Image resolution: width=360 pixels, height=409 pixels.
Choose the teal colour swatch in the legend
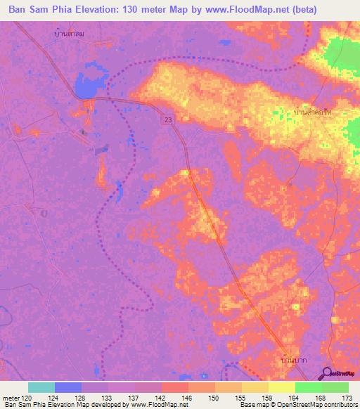41,387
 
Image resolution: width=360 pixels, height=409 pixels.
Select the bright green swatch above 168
308,387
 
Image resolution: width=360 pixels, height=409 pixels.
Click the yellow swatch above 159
255,387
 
